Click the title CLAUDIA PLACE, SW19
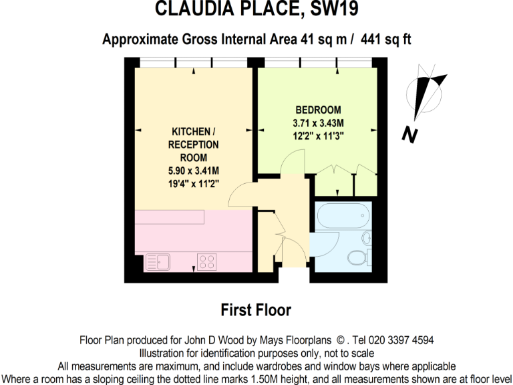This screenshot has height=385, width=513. (x=256, y=9)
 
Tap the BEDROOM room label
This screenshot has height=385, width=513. (x=318, y=110)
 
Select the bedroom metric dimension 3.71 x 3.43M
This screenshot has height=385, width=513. (x=318, y=123)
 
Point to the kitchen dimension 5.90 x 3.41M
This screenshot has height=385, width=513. (x=194, y=170)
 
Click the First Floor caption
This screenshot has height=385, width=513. (x=256, y=310)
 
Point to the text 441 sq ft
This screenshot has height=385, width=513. (x=385, y=39)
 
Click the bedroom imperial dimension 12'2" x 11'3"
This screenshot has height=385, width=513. (x=318, y=136)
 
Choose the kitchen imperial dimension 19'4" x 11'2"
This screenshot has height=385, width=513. (x=194, y=182)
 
